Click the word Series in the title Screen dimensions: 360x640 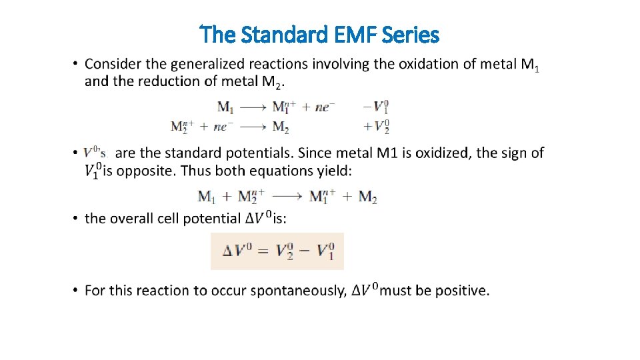[x=413, y=34]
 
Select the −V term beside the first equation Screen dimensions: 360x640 [x=375, y=106]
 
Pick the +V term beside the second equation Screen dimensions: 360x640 [x=375, y=127]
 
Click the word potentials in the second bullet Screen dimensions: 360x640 [x=252, y=153]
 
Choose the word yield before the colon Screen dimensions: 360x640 [x=330, y=171]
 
